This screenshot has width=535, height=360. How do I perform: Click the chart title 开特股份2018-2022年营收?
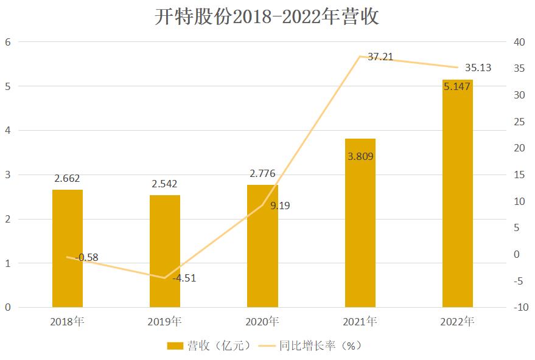click(x=267, y=16)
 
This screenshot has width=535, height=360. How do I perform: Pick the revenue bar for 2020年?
click(x=262, y=246)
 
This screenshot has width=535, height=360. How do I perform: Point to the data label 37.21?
click(x=380, y=57)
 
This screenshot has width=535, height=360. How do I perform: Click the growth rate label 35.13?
click(x=478, y=67)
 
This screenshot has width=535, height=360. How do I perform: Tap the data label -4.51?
click(x=184, y=279)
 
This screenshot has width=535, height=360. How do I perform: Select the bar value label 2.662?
click(x=67, y=178)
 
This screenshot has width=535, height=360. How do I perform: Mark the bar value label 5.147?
click(x=457, y=87)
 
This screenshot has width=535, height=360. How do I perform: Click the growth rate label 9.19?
click(x=280, y=206)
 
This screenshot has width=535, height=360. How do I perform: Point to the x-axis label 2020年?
click(x=262, y=321)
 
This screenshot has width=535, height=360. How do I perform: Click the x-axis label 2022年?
click(x=458, y=321)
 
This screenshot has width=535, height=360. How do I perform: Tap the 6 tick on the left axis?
click(x=8, y=42)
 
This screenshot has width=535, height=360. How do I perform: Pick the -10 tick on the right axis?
click(x=520, y=308)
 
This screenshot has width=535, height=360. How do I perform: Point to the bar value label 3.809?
click(x=360, y=156)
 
